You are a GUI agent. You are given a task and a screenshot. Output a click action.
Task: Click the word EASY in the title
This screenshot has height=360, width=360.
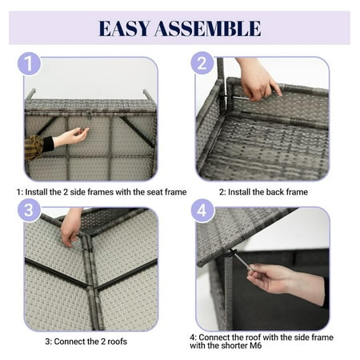tap(124, 28)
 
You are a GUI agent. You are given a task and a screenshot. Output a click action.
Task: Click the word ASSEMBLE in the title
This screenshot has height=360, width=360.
tap(208, 28)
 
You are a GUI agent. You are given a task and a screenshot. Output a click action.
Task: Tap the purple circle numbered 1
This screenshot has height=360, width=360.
tap(29, 63)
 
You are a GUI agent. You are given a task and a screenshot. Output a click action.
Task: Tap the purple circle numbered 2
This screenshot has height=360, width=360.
tap(202, 63)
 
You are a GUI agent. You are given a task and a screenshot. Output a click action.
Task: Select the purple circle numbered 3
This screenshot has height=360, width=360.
tap(29, 210)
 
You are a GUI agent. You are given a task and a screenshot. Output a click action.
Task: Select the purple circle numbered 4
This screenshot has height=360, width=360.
tap(202, 210)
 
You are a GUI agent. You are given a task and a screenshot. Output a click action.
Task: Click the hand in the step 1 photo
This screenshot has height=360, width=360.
tap(71, 137)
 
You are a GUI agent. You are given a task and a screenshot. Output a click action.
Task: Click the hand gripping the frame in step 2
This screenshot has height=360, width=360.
tap(258, 80)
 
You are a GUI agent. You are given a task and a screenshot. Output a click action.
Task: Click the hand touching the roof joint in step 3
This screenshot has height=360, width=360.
tap(71, 227)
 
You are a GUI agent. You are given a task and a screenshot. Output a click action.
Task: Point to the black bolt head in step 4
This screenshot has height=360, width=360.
tap(231, 253)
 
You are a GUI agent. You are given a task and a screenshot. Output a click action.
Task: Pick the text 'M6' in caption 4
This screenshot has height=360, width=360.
tap(255, 346)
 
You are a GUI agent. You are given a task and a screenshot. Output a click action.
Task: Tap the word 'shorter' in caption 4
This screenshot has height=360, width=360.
tap(234, 346)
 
